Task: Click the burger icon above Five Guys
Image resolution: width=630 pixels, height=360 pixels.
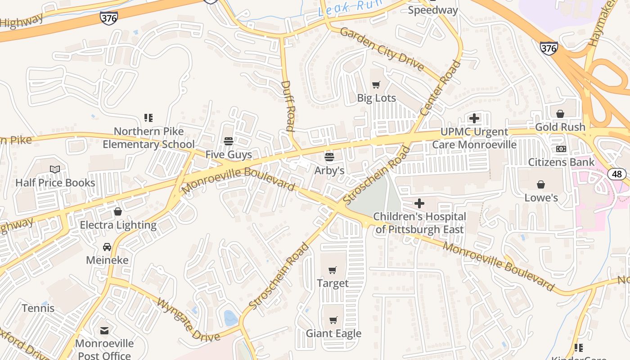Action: click(x=229, y=141)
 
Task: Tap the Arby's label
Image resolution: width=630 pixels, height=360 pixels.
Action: click(x=329, y=170)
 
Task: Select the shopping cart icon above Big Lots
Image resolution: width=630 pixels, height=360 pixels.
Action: click(x=376, y=85)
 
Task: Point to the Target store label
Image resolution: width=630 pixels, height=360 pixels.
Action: click(x=333, y=283)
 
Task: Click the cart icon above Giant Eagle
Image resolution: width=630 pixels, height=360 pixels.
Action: click(x=333, y=320)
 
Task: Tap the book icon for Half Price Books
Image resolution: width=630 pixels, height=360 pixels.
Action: click(x=55, y=170)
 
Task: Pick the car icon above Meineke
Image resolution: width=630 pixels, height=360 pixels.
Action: click(x=107, y=247)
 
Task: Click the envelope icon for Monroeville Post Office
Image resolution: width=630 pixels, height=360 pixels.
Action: click(x=104, y=331)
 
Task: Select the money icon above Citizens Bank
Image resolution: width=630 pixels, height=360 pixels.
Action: click(x=561, y=149)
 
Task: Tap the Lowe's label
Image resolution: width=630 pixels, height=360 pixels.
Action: click(x=541, y=198)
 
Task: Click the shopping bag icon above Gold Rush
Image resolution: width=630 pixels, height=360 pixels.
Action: click(x=560, y=114)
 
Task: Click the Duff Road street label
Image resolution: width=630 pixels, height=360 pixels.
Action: click(x=288, y=106)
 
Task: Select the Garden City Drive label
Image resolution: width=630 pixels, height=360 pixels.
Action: click(x=382, y=49)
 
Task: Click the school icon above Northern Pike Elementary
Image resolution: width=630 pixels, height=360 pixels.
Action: click(x=148, y=118)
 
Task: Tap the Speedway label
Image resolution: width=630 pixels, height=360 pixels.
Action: click(x=432, y=10)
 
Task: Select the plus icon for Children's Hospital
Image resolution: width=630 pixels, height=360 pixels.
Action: click(x=419, y=203)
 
